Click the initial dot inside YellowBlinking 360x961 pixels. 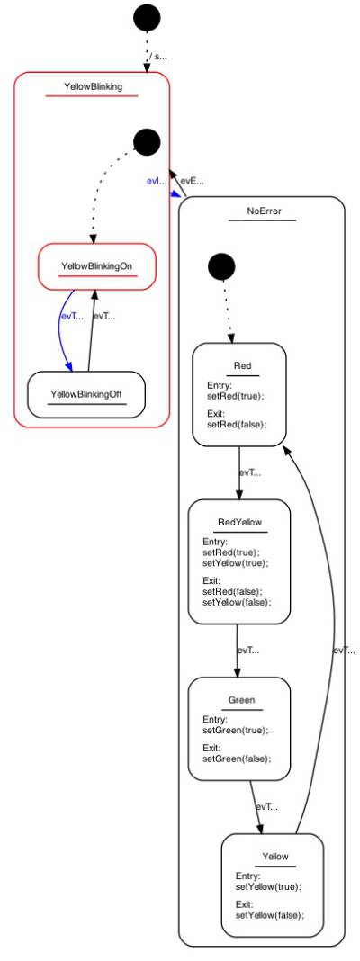point(147,142)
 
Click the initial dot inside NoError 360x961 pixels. point(221,267)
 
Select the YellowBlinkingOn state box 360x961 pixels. point(97,267)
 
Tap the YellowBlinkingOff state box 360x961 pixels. point(86,392)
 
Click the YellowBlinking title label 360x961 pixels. point(93,87)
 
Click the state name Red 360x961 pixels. point(242,365)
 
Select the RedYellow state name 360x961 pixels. point(238,522)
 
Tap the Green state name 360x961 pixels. point(241,699)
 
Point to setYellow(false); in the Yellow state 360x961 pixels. point(269,915)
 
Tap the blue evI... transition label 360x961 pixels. point(157,181)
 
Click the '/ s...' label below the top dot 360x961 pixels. point(158,57)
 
